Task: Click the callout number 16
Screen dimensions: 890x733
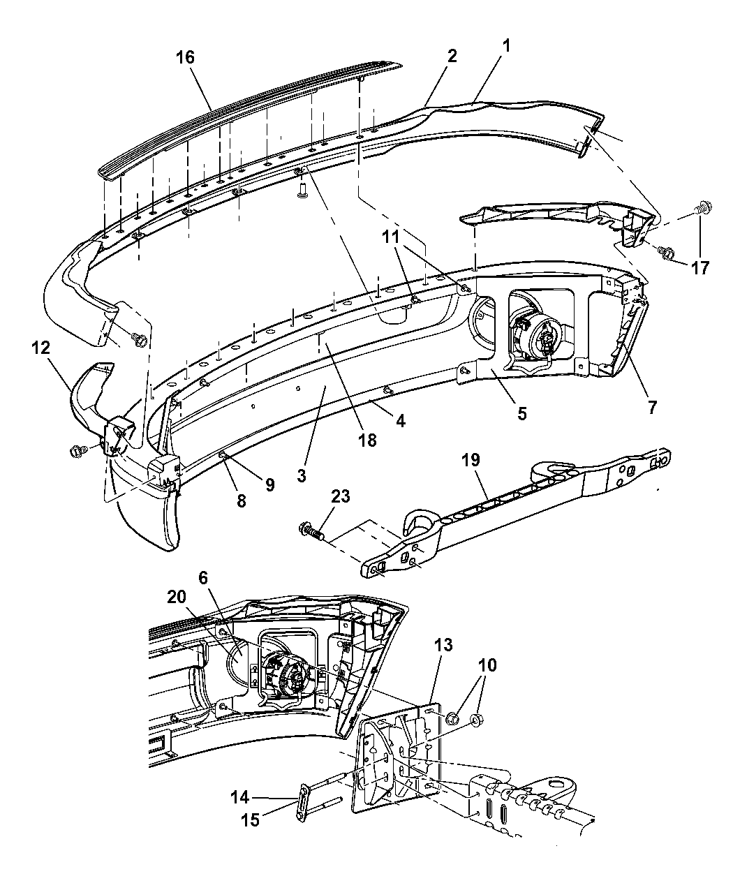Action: tap(186, 57)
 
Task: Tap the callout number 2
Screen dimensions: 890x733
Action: tap(452, 57)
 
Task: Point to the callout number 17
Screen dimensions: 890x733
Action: tap(700, 267)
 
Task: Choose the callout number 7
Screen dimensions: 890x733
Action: tap(651, 407)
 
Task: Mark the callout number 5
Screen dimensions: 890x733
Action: tap(522, 413)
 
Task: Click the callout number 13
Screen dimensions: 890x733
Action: tap(443, 646)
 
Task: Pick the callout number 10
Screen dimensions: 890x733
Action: tap(487, 665)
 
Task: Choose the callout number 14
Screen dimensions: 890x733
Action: tap(239, 795)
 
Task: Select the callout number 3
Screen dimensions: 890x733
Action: tap(302, 476)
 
